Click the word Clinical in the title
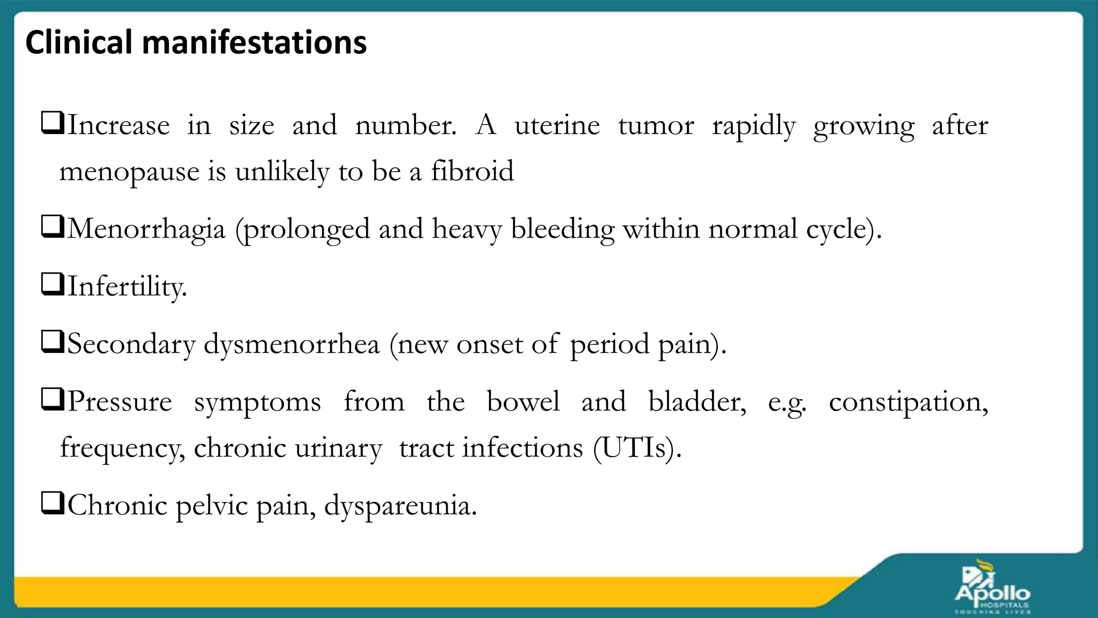(x=78, y=42)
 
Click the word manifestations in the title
(x=254, y=42)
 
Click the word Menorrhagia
(x=146, y=230)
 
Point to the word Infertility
(x=127, y=286)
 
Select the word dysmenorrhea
(x=291, y=344)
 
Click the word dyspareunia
(x=400, y=506)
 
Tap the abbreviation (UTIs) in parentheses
(x=637, y=448)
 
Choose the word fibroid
(x=472, y=172)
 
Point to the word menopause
(x=129, y=173)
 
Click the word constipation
(x=908, y=402)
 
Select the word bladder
(x=696, y=402)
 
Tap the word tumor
(x=656, y=126)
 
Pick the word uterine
(x=557, y=126)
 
